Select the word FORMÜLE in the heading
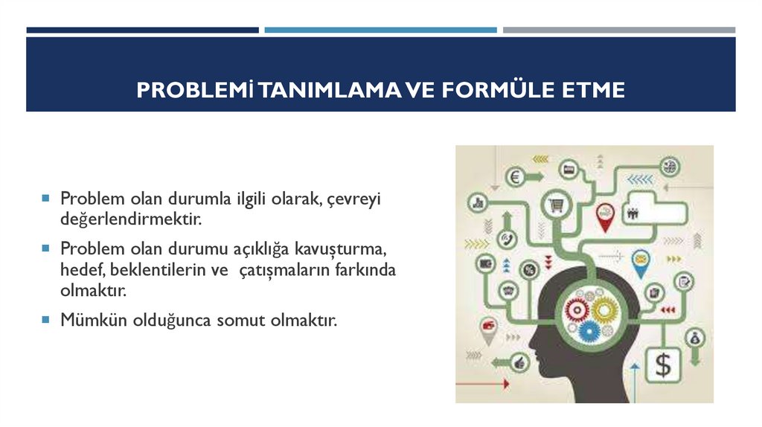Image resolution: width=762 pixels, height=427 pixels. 495,90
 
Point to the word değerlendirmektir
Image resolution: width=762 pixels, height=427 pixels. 131,220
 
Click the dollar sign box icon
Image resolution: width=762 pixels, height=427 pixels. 662,365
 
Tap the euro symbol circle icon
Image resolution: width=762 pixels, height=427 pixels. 513,177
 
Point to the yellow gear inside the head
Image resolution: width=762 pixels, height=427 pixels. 605,306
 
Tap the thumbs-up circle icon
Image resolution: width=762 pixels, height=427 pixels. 520,362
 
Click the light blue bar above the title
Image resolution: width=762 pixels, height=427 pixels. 380,30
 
